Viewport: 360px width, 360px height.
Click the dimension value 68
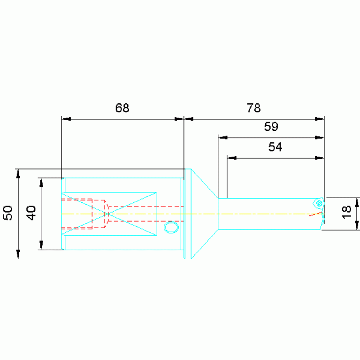[x=122, y=107]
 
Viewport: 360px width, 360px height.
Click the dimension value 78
[x=253, y=107]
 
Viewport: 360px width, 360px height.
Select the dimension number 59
[x=271, y=126]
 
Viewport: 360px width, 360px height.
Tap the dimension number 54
[x=275, y=147]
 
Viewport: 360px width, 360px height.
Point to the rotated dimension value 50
[x=8, y=213]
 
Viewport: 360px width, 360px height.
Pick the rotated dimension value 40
[x=31, y=213]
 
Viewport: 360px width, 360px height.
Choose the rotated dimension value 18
[x=346, y=212]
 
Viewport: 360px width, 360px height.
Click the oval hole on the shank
[x=171, y=227]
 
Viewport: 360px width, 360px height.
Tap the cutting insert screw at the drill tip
[x=319, y=203]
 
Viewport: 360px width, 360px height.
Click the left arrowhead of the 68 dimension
[x=66, y=119]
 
